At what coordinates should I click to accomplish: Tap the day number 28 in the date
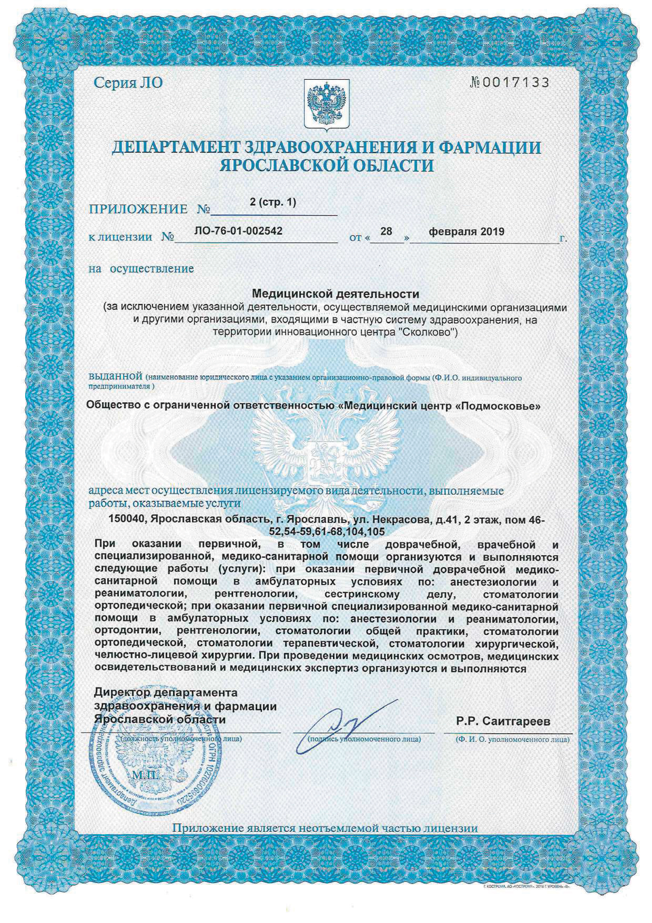(x=386, y=231)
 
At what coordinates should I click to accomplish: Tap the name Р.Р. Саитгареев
(x=503, y=722)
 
